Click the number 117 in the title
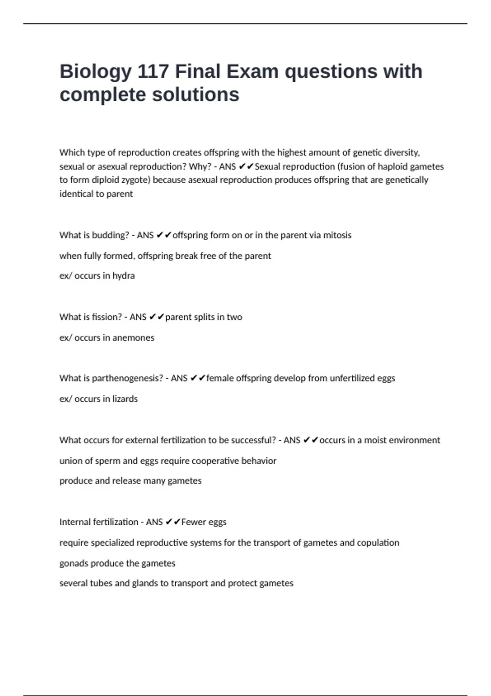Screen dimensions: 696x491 tap(153, 71)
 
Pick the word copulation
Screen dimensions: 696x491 tap(378, 543)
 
